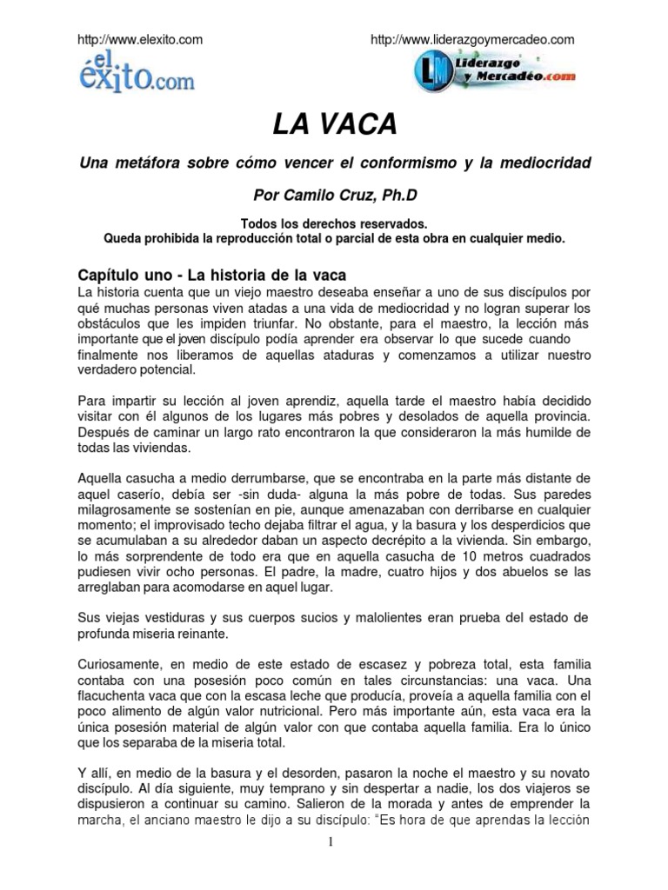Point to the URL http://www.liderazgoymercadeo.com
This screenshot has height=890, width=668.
pyautogui.click(x=472, y=39)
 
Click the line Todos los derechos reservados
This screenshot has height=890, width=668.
pyautogui.click(x=334, y=223)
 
